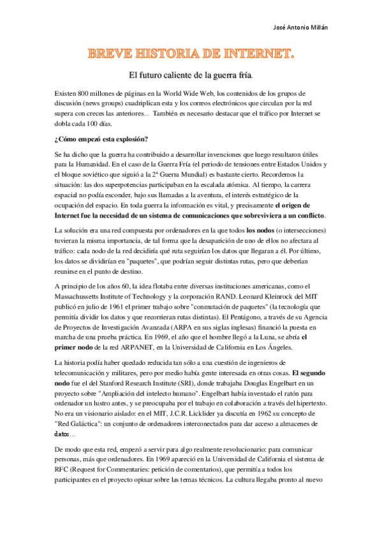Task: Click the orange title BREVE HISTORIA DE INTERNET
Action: click(191, 56)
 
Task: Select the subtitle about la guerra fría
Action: click(191, 75)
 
